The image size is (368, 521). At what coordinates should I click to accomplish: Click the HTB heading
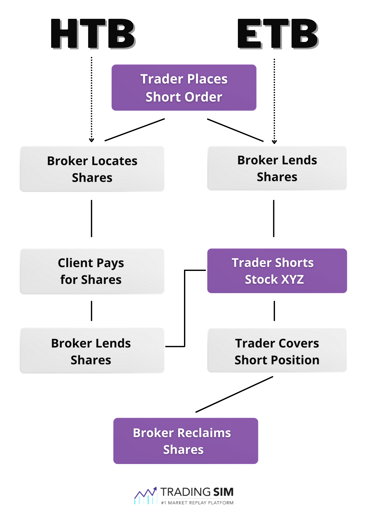tap(93, 34)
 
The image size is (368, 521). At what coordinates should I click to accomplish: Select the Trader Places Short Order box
tap(184, 88)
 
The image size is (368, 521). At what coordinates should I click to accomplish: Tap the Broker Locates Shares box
tap(92, 169)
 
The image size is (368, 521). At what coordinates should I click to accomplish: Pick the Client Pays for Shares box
tap(92, 271)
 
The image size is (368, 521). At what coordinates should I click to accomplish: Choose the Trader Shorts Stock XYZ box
tap(277, 271)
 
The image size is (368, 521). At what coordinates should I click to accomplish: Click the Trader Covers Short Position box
tap(277, 351)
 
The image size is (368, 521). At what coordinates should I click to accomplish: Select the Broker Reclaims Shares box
tap(186, 441)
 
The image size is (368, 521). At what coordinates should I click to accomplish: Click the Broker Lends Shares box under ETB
tap(277, 168)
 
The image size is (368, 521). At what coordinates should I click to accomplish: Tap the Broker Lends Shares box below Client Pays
tap(92, 351)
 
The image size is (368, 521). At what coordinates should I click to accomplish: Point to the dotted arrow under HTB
tap(91, 99)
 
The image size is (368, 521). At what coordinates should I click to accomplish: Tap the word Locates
tap(114, 161)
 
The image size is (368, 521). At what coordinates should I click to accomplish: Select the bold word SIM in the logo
tap(223, 492)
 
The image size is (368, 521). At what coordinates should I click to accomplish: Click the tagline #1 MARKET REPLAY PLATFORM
tap(197, 503)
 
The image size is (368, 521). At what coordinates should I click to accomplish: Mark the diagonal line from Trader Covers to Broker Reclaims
tap(234, 394)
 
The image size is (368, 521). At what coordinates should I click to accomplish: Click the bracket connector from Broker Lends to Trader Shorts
tap(185, 308)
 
